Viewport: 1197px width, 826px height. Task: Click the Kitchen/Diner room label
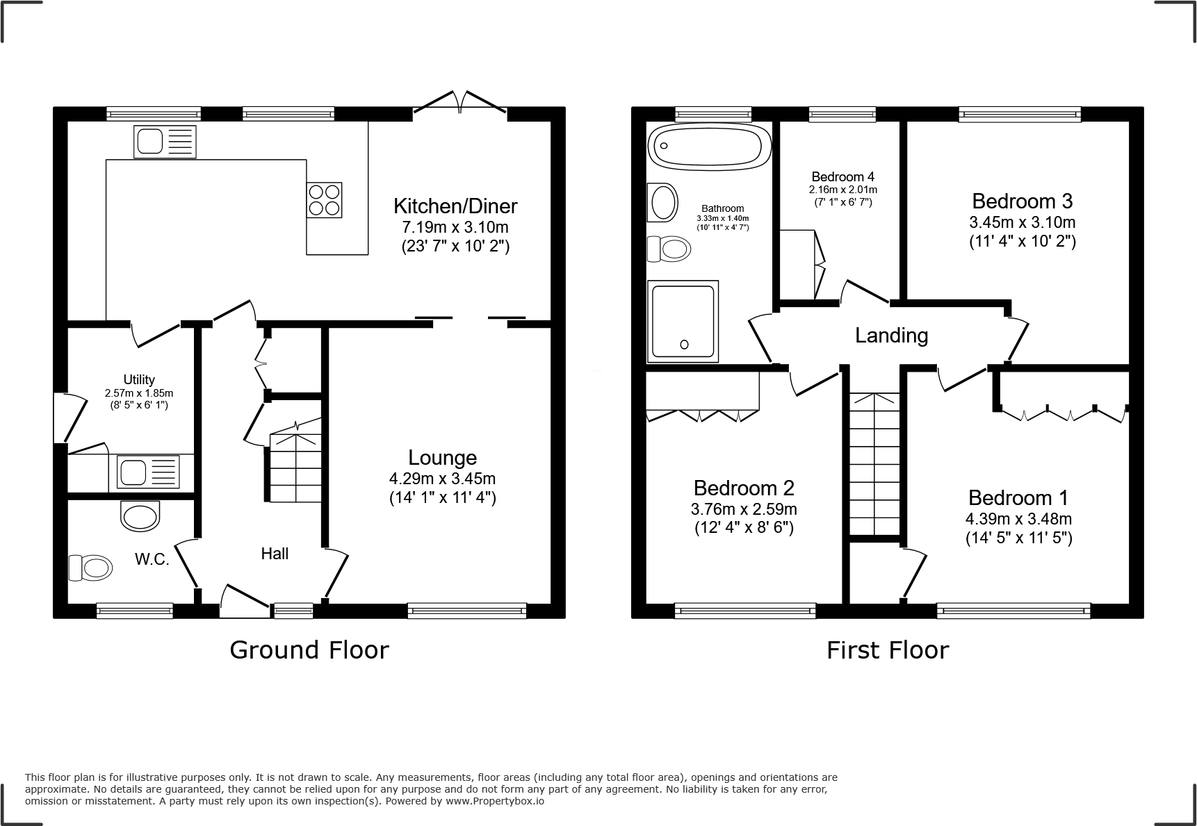(455, 206)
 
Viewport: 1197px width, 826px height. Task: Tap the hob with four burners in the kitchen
(324, 199)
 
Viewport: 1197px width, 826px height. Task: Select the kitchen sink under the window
(165, 142)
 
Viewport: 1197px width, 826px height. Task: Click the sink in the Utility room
(149, 472)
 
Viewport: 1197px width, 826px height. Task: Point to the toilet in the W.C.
(90, 568)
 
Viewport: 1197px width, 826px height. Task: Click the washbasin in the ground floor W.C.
(140, 516)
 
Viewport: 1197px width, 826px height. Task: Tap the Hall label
(275, 554)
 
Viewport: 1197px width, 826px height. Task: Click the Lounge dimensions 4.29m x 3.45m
(442, 479)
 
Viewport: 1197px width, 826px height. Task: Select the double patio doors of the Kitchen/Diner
(459, 102)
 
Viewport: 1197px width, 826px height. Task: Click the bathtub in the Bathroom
(709, 146)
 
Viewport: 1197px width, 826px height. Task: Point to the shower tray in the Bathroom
(682, 321)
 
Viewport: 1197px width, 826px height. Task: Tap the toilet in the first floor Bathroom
(668, 248)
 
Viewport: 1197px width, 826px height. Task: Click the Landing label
(891, 336)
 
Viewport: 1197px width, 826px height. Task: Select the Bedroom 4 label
(842, 176)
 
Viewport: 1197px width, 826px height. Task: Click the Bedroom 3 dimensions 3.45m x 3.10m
(1022, 222)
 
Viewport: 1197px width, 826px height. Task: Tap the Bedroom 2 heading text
(744, 488)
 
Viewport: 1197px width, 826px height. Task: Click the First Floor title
(887, 650)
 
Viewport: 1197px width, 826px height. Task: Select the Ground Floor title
(309, 650)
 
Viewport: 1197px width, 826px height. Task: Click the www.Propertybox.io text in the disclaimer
(494, 801)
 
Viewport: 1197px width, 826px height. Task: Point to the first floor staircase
(875, 465)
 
